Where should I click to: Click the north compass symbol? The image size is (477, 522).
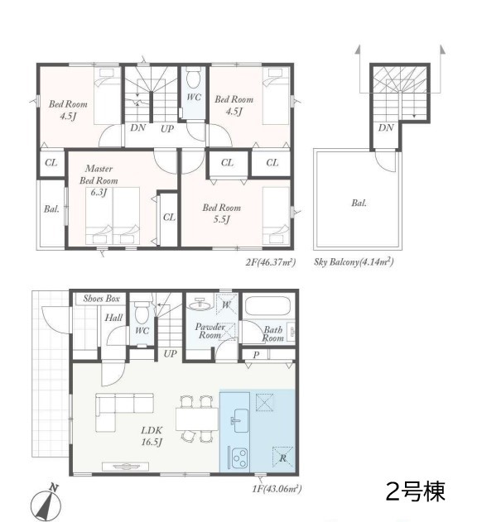click(x=46, y=502)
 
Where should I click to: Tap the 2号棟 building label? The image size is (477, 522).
click(x=416, y=491)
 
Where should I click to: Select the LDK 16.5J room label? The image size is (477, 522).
click(x=152, y=436)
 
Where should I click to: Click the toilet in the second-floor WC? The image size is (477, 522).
click(x=192, y=78)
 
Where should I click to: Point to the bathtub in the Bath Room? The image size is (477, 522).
click(x=267, y=305)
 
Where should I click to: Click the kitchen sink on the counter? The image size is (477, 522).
click(x=240, y=420)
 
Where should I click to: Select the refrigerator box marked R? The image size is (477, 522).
click(x=282, y=457)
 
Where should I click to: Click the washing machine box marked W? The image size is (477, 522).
click(x=226, y=304)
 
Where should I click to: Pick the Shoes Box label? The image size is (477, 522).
click(x=101, y=299)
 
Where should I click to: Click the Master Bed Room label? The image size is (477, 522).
click(x=99, y=175)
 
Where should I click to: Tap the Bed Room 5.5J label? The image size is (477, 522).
click(x=222, y=213)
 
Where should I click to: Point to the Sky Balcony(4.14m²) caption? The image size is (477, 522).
click(x=354, y=261)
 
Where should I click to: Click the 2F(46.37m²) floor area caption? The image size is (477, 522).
click(x=271, y=262)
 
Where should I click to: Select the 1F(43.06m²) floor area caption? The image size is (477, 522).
click(x=277, y=489)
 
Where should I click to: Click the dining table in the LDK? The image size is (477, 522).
click(x=197, y=419)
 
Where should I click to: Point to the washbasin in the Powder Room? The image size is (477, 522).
click(x=200, y=304)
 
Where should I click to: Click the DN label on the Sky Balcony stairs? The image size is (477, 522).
click(x=386, y=127)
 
